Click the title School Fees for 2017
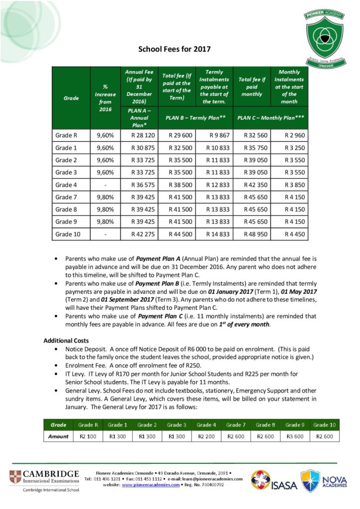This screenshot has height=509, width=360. [x=174, y=49]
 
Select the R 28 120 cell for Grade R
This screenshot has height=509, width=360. [x=143, y=135]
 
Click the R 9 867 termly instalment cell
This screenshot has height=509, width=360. [x=215, y=135]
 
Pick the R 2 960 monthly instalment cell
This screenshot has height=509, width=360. [x=289, y=135]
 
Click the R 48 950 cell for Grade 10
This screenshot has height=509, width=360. [x=252, y=234]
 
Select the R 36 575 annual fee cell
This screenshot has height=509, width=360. [x=143, y=185]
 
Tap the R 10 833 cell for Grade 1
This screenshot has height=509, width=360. [x=215, y=148]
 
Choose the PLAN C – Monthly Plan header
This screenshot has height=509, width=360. [x=270, y=118]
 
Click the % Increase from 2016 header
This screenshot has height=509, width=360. [x=105, y=98]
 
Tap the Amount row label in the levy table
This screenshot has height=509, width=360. [x=58, y=436]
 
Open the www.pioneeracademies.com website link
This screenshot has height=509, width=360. [x=151, y=484]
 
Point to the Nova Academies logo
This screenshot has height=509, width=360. [x=324, y=481]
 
